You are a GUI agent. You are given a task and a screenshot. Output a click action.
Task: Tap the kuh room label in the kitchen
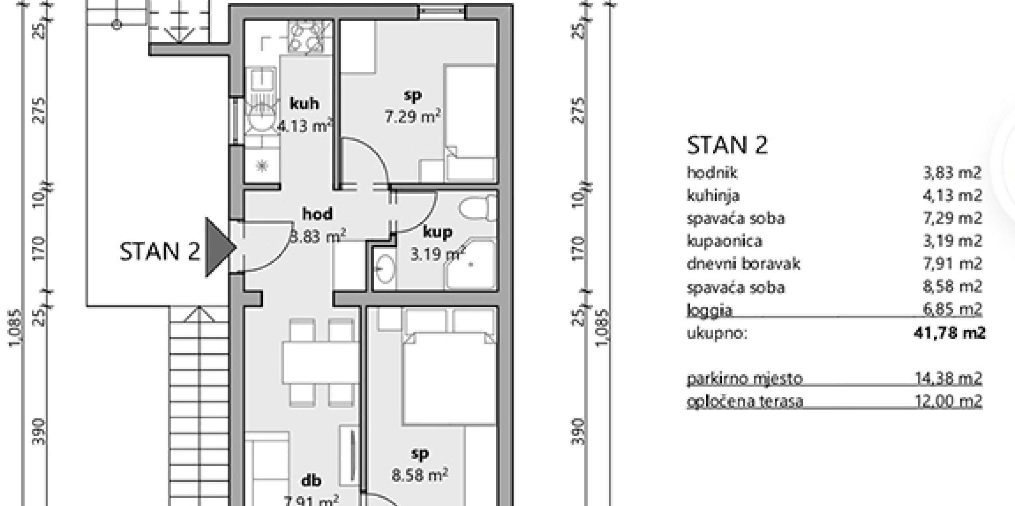tap(304, 104)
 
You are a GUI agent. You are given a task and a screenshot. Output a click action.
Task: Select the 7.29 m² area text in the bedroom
tap(413, 117)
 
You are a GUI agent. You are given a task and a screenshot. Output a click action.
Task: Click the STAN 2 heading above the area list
tap(727, 145)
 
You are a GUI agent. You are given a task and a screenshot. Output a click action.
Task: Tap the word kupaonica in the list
tap(724, 242)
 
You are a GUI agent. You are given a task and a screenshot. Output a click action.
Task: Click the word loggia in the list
tap(709, 310)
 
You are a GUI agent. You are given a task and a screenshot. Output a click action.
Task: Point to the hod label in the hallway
tap(317, 214)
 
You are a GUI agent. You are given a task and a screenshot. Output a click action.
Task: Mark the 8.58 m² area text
tap(420, 475)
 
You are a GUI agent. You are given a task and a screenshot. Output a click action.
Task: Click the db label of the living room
tap(311, 481)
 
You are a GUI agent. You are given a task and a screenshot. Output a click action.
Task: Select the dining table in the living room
tap(320, 363)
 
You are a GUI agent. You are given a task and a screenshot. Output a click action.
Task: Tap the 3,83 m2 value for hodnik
tap(952, 173)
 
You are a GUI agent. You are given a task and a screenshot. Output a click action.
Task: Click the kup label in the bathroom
tap(438, 232)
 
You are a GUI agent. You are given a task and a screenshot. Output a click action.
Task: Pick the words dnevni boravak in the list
tap(743, 264)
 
